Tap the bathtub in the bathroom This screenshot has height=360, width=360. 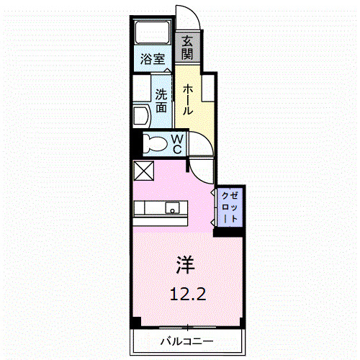pyautogui.click(x=151, y=32)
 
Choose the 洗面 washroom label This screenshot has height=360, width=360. pyautogui.click(x=161, y=99)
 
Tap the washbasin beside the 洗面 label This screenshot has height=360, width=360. pyautogui.click(x=140, y=116)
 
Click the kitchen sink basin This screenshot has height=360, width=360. pyautogui.click(x=173, y=208)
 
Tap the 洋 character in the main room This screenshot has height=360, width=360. pyautogui.click(x=184, y=264)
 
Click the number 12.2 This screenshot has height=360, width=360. pyautogui.click(x=184, y=293)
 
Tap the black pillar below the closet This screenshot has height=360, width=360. pyautogui.click(x=229, y=230)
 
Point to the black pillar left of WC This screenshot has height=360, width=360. pyautogui.click(x=135, y=143)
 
